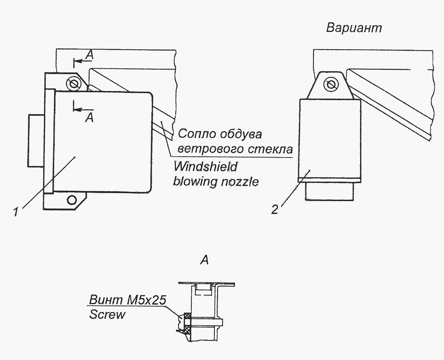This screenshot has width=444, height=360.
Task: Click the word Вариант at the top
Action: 354,28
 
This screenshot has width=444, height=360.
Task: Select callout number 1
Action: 16,211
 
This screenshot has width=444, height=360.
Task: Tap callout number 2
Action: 275,210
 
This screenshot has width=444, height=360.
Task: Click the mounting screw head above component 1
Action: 74,84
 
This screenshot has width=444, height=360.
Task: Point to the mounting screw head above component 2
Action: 331,84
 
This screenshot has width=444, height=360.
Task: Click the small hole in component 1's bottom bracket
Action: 72,200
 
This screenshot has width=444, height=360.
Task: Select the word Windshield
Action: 205,167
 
